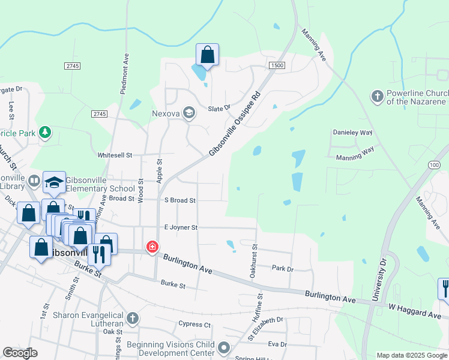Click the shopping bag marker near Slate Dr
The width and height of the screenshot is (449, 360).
click(207, 55)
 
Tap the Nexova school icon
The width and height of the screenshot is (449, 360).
click(189, 113)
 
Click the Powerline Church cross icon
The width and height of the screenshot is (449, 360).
click(377, 97)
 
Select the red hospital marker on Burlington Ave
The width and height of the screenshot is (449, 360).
click(152, 247)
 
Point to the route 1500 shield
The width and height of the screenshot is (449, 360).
click(277, 65)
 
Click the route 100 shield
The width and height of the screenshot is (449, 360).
click(435, 164)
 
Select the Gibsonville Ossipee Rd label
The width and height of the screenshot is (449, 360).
click(234, 125)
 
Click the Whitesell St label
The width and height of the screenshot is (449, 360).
click(115, 155)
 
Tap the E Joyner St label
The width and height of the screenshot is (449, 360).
click(181, 228)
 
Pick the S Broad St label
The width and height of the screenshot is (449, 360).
click(180, 200)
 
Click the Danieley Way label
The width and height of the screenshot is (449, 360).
click(352, 133)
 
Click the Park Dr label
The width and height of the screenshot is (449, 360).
click(282, 269)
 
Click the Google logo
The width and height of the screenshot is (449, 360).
click(20, 353)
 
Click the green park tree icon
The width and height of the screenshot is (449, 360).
click(44, 132)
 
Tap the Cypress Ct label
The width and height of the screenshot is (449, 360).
click(194, 325)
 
